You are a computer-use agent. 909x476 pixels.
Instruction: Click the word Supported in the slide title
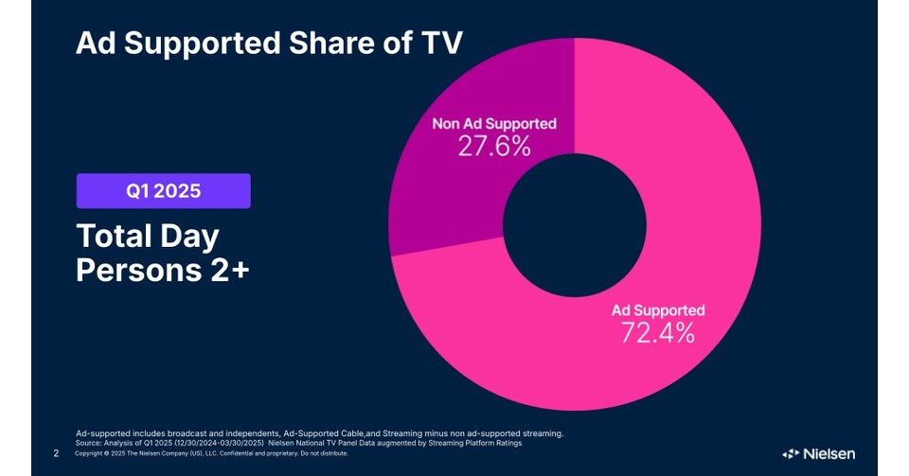click(x=203, y=44)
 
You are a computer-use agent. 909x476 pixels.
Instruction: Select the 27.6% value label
click(x=494, y=146)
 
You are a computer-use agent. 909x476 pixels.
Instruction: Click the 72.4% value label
click(x=658, y=332)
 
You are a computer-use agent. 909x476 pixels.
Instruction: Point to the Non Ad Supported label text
click(x=494, y=124)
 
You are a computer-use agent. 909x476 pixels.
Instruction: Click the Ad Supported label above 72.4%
click(x=658, y=310)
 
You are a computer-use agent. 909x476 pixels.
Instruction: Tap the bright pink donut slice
click(x=684, y=243)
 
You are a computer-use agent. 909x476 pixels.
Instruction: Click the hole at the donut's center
click(x=575, y=225)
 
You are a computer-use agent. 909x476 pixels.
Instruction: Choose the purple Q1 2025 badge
click(x=164, y=190)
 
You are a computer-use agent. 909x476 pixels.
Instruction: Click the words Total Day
click(x=148, y=237)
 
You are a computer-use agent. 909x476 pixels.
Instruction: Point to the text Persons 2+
click(x=163, y=271)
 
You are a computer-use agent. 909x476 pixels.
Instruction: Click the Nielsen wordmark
click(x=829, y=454)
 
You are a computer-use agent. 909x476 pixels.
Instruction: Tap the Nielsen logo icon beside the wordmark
click(x=791, y=454)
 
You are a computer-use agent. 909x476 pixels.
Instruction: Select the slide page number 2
click(x=56, y=453)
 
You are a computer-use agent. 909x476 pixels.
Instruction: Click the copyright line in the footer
click(x=211, y=453)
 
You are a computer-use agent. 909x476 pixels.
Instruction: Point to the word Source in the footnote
click(x=88, y=443)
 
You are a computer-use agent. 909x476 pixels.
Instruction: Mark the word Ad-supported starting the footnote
click(x=102, y=433)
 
